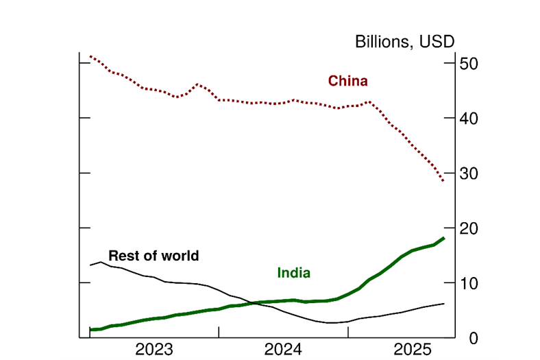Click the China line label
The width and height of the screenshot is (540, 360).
[x=347, y=81]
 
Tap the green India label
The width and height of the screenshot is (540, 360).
[x=293, y=272]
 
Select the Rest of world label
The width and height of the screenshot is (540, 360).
[x=154, y=256]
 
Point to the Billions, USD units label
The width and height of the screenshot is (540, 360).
[x=404, y=41]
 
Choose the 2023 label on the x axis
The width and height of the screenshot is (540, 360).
[x=154, y=349]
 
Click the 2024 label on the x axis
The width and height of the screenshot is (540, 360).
[x=283, y=349]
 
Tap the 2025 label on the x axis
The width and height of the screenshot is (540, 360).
[x=413, y=349]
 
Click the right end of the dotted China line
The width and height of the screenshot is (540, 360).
[x=444, y=181]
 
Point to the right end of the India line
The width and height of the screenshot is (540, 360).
[x=444, y=238]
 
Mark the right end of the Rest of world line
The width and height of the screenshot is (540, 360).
[x=444, y=303]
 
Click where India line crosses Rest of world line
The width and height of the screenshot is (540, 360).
[x=254, y=302]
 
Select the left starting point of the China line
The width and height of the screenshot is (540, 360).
[x=90, y=56]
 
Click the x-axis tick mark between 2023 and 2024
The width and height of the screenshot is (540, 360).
[x=219, y=333]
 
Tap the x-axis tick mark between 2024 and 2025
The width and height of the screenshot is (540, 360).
[x=348, y=333]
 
